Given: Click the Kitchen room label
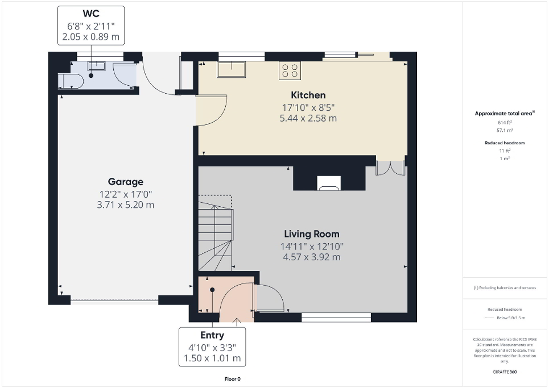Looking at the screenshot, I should [x=308, y=95].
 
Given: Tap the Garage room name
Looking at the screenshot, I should [x=126, y=182].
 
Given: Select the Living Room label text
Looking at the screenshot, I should [x=312, y=233].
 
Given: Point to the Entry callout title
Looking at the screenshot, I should [x=212, y=335].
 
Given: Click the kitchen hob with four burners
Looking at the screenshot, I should [x=290, y=70].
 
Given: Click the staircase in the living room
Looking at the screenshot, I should [x=215, y=233].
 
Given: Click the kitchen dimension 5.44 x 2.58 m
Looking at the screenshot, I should [x=308, y=119].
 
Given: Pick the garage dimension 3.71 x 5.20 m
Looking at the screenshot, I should [x=126, y=205].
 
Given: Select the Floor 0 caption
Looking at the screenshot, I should [x=233, y=379].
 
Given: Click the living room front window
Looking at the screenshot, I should [x=336, y=318].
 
